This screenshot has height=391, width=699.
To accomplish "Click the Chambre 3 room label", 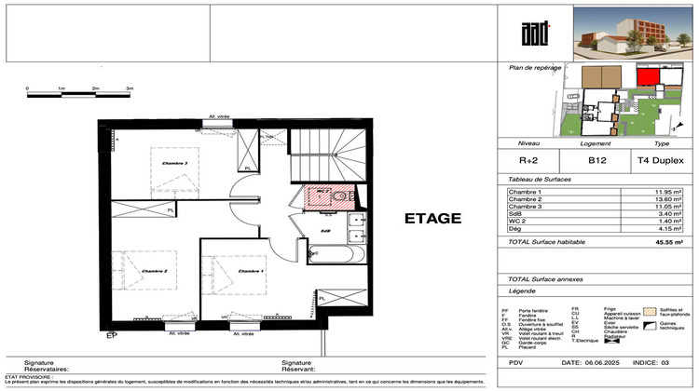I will [174, 163].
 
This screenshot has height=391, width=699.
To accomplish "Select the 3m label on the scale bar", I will [130, 88].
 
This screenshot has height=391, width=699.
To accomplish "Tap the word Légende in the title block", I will [523, 291].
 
